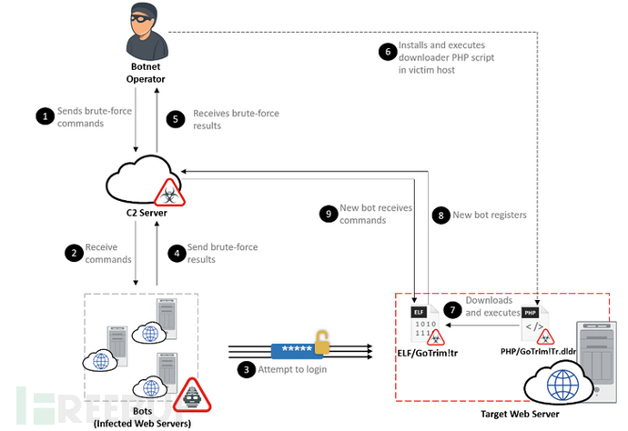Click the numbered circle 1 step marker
pos(43,115)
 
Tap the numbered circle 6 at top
pos(389,52)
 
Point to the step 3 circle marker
pos(245,369)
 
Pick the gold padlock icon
pos(321,343)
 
